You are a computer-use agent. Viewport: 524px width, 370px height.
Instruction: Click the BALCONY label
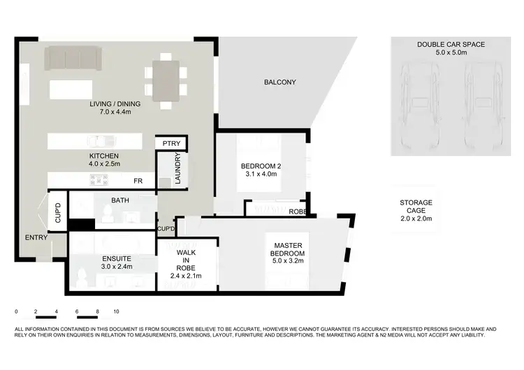click(279, 82)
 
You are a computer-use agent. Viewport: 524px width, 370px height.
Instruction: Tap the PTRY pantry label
click(171, 144)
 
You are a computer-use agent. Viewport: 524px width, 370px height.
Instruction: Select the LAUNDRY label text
click(178, 168)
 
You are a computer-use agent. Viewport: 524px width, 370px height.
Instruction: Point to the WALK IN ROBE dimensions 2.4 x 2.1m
click(187, 276)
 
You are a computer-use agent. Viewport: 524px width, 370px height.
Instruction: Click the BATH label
click(120, 201)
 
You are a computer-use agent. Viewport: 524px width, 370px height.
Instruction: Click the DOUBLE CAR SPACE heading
click(451, 44)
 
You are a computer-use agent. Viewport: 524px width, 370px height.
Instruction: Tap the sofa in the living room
click(73, 59)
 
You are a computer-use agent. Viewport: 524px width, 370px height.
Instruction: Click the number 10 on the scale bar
click(117, 311)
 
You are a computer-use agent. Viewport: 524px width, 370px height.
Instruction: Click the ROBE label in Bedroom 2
click(298, 210)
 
